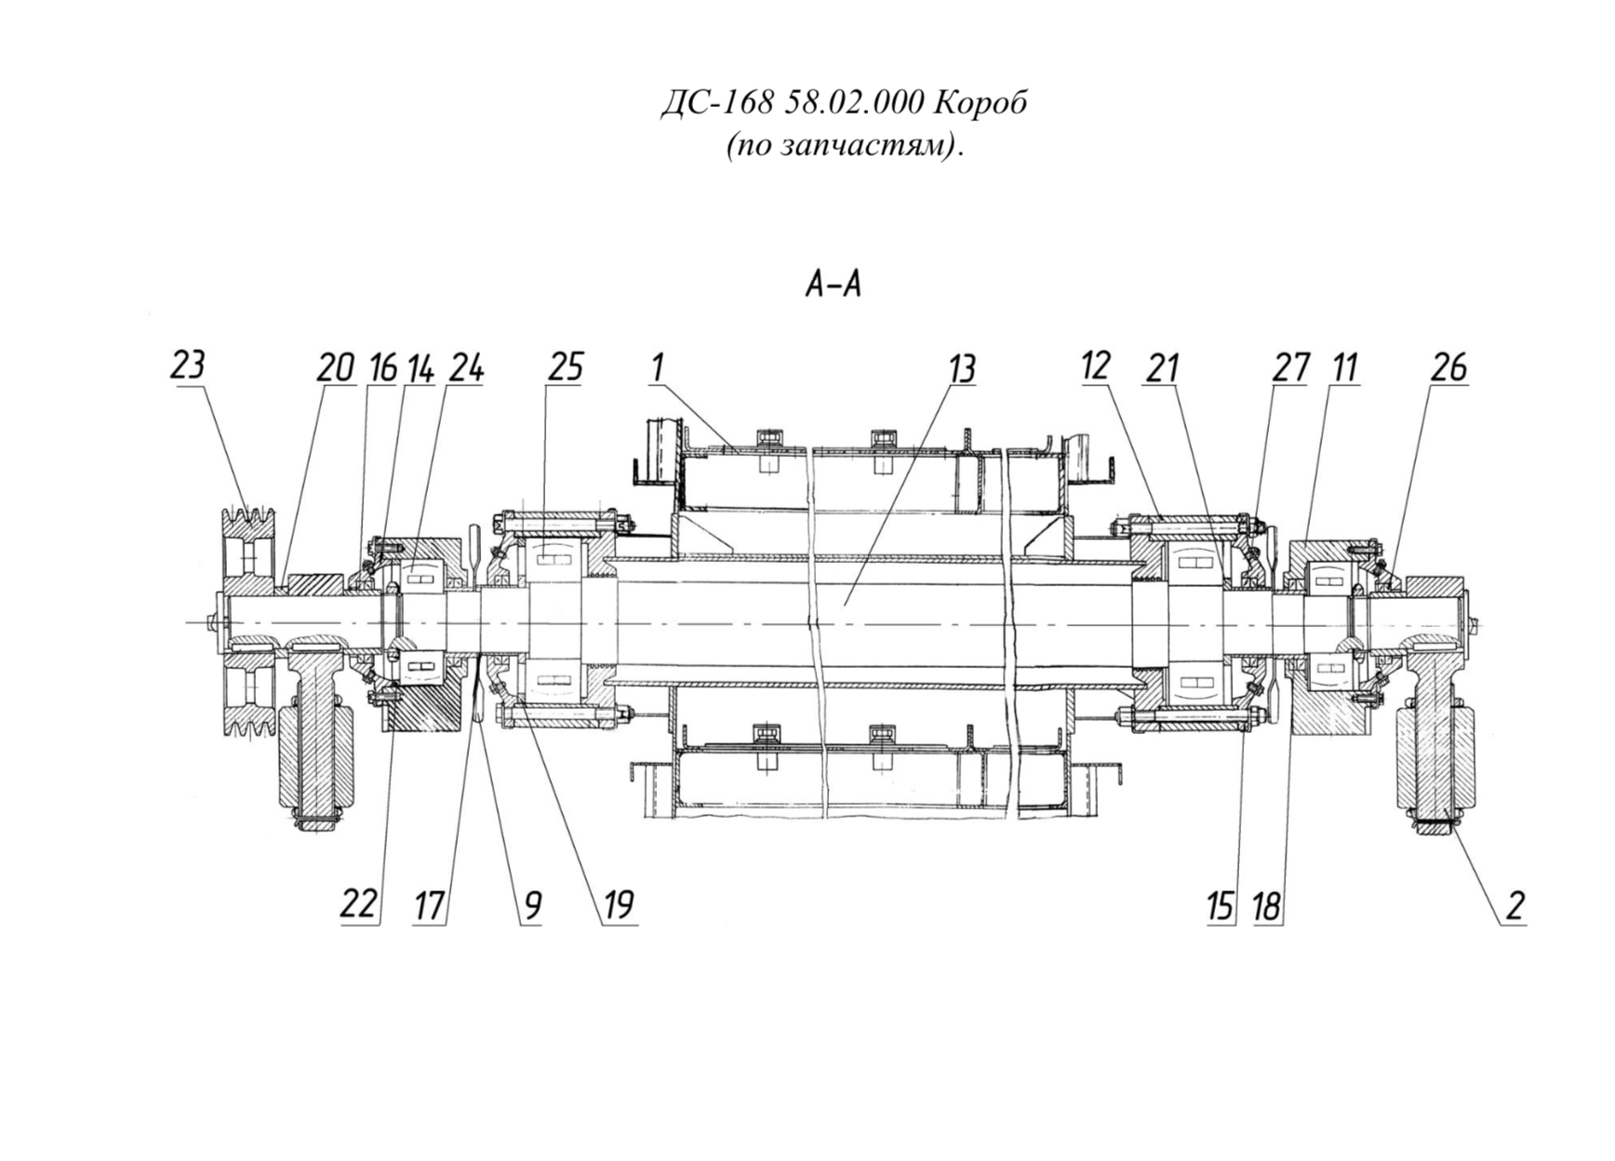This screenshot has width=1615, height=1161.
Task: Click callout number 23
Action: tap(187, 365)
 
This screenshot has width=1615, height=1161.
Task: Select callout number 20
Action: tap(335, 368)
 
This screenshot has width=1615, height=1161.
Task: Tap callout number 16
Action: tap(382, 368)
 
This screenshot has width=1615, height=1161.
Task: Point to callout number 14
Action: tap(420, 368)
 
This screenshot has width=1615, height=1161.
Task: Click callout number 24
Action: tap(466, 368)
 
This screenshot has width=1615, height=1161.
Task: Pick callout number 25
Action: tap(565, 367)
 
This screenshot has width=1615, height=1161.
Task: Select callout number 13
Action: tap(961, 368)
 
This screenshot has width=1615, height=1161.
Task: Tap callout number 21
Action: tap(1162, 368)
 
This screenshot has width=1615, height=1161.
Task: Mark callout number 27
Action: tap(1291, 368)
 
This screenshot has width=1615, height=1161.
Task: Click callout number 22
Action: tap(359, 903)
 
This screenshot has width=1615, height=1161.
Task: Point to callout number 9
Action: tap(532, 904)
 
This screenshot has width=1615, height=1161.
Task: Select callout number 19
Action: tap(619, 904)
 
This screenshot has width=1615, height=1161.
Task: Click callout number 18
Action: tap(1267, 904)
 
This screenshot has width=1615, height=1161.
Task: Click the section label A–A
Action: tap(834, 285)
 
